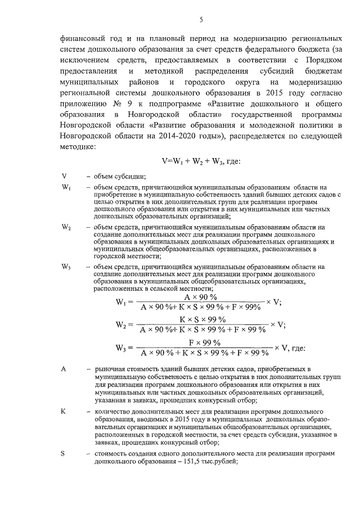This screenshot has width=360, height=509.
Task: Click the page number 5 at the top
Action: [x=201, y=20]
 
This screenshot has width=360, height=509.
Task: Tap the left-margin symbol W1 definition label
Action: [x=66, y=187]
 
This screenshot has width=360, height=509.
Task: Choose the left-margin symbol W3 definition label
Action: [x=66, y=267]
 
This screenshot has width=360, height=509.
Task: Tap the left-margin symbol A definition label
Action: [x=64, y=369]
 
